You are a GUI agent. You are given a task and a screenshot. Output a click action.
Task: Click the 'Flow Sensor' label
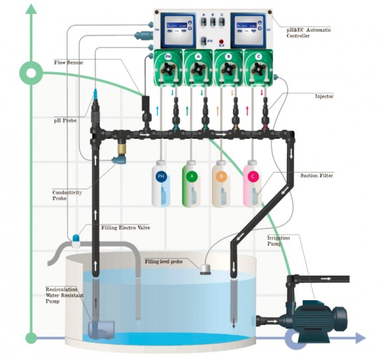tap(69, 63)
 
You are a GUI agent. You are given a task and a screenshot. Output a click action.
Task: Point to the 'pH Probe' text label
tap(66, 121)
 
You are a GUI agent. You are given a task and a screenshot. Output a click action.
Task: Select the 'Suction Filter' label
tap(317, 175)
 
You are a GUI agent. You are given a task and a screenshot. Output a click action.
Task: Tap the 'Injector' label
tap(324, 96)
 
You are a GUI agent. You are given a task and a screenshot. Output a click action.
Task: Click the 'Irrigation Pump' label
tap(279, 241)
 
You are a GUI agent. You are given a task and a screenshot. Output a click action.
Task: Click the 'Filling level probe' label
tap(163, 262)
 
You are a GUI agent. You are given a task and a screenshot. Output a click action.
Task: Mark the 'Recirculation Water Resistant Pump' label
tap(62, 296)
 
